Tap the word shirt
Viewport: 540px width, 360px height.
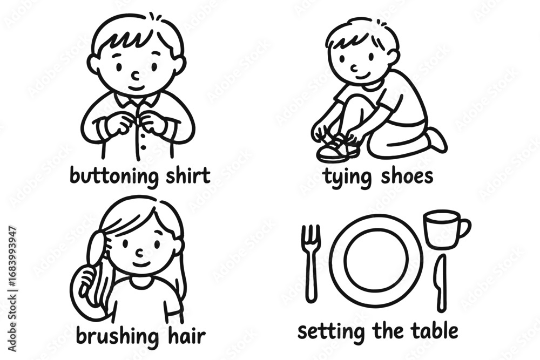(188, 175)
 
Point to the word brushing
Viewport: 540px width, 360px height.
(117, 336)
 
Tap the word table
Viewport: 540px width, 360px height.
(435, 330)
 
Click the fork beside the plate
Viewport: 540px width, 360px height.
(311, 263)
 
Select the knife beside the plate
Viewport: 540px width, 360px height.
(441, 283)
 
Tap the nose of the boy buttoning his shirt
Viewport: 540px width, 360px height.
(137, 76)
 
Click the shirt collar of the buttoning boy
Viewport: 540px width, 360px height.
(137, 99)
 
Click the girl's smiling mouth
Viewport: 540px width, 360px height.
(141, 264)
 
